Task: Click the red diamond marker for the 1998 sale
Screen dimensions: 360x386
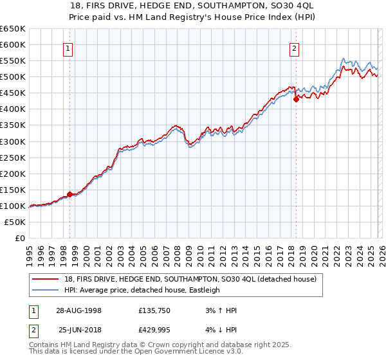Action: point(70,194)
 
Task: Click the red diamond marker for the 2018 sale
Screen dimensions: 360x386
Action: point(296,99)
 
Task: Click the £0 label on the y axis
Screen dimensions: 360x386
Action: point(20,238)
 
